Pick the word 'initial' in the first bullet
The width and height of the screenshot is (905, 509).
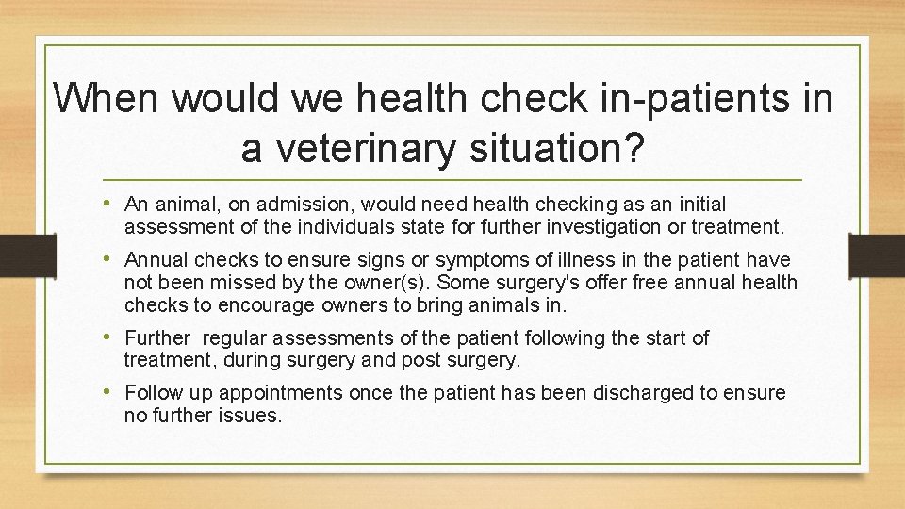(696, 205)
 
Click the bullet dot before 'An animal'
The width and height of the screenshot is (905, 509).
(112, 204)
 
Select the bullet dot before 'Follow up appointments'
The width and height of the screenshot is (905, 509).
(112, 392)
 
